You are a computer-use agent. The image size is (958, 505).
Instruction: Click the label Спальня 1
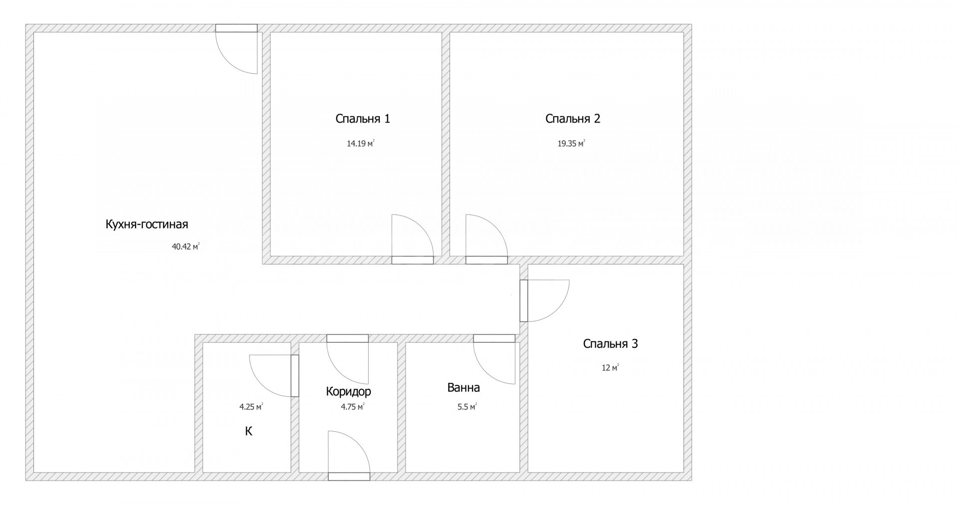363,119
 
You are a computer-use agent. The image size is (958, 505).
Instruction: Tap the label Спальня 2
573,119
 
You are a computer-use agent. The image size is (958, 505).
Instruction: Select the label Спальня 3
610,343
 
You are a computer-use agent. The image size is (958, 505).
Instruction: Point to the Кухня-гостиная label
147,224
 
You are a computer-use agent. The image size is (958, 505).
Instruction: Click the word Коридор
348,391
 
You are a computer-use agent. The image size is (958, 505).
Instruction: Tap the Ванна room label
464,387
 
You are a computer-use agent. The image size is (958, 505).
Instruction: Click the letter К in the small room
248,431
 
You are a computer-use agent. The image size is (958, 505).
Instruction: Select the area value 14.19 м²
361,144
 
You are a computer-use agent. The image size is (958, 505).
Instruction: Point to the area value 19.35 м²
571,144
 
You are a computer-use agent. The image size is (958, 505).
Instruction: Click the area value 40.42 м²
186,246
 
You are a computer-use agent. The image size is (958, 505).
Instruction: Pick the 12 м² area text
610,368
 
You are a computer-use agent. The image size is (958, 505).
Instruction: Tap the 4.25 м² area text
251,407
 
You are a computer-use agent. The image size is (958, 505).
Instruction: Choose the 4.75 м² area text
352,407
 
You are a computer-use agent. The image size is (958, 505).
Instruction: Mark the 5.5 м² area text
467,407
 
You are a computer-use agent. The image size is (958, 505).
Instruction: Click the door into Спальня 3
544,301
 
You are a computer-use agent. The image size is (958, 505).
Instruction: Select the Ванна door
494,359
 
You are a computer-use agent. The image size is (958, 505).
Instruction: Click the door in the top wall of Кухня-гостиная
237,49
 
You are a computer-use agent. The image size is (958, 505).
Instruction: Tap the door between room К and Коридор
274,376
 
